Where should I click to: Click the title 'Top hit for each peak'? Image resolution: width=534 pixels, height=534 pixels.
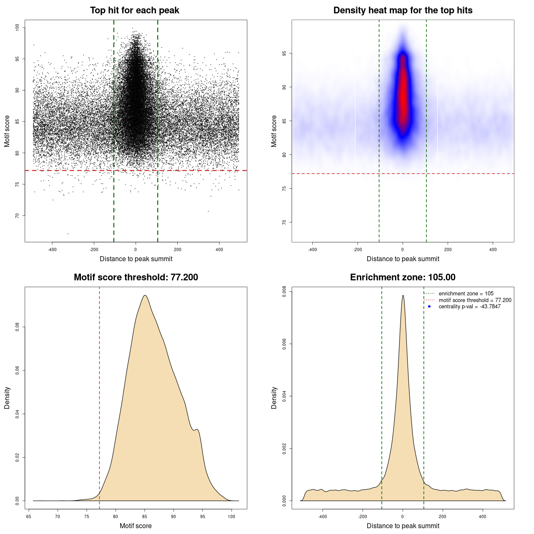[135, 10]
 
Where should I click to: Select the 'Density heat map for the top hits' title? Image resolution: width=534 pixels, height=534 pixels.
[403, 10]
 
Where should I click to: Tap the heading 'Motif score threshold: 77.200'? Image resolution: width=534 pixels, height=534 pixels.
[136, 277]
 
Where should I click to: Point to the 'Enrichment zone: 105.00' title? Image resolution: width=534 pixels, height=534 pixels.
[403, 277]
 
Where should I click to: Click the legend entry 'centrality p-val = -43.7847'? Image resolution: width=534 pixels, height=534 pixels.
[469, 307]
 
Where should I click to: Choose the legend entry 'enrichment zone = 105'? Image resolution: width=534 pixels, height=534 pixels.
[466, 294]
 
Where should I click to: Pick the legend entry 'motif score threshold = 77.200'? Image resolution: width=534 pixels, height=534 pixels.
[475, 300]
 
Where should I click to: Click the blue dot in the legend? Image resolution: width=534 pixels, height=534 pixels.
[429, 307]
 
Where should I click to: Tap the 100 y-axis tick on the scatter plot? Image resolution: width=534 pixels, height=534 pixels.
[18, 28]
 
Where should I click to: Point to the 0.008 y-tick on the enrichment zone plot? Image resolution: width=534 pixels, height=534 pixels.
[285, 292]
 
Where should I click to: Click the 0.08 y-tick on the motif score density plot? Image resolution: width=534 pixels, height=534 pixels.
[18, 327]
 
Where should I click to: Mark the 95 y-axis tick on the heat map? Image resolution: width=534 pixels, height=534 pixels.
[285, 53]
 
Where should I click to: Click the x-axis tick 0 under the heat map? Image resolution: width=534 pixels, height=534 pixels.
[403, 249]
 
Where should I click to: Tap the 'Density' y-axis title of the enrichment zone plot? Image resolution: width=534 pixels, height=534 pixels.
[274, 398]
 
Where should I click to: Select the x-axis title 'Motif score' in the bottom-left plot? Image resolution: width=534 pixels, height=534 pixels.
[136, 526]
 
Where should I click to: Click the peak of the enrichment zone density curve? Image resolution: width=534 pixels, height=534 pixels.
[403, 295]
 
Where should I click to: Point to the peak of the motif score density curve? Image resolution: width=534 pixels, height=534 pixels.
[145, 295]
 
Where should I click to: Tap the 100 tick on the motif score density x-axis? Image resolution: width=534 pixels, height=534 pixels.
[232, 516]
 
